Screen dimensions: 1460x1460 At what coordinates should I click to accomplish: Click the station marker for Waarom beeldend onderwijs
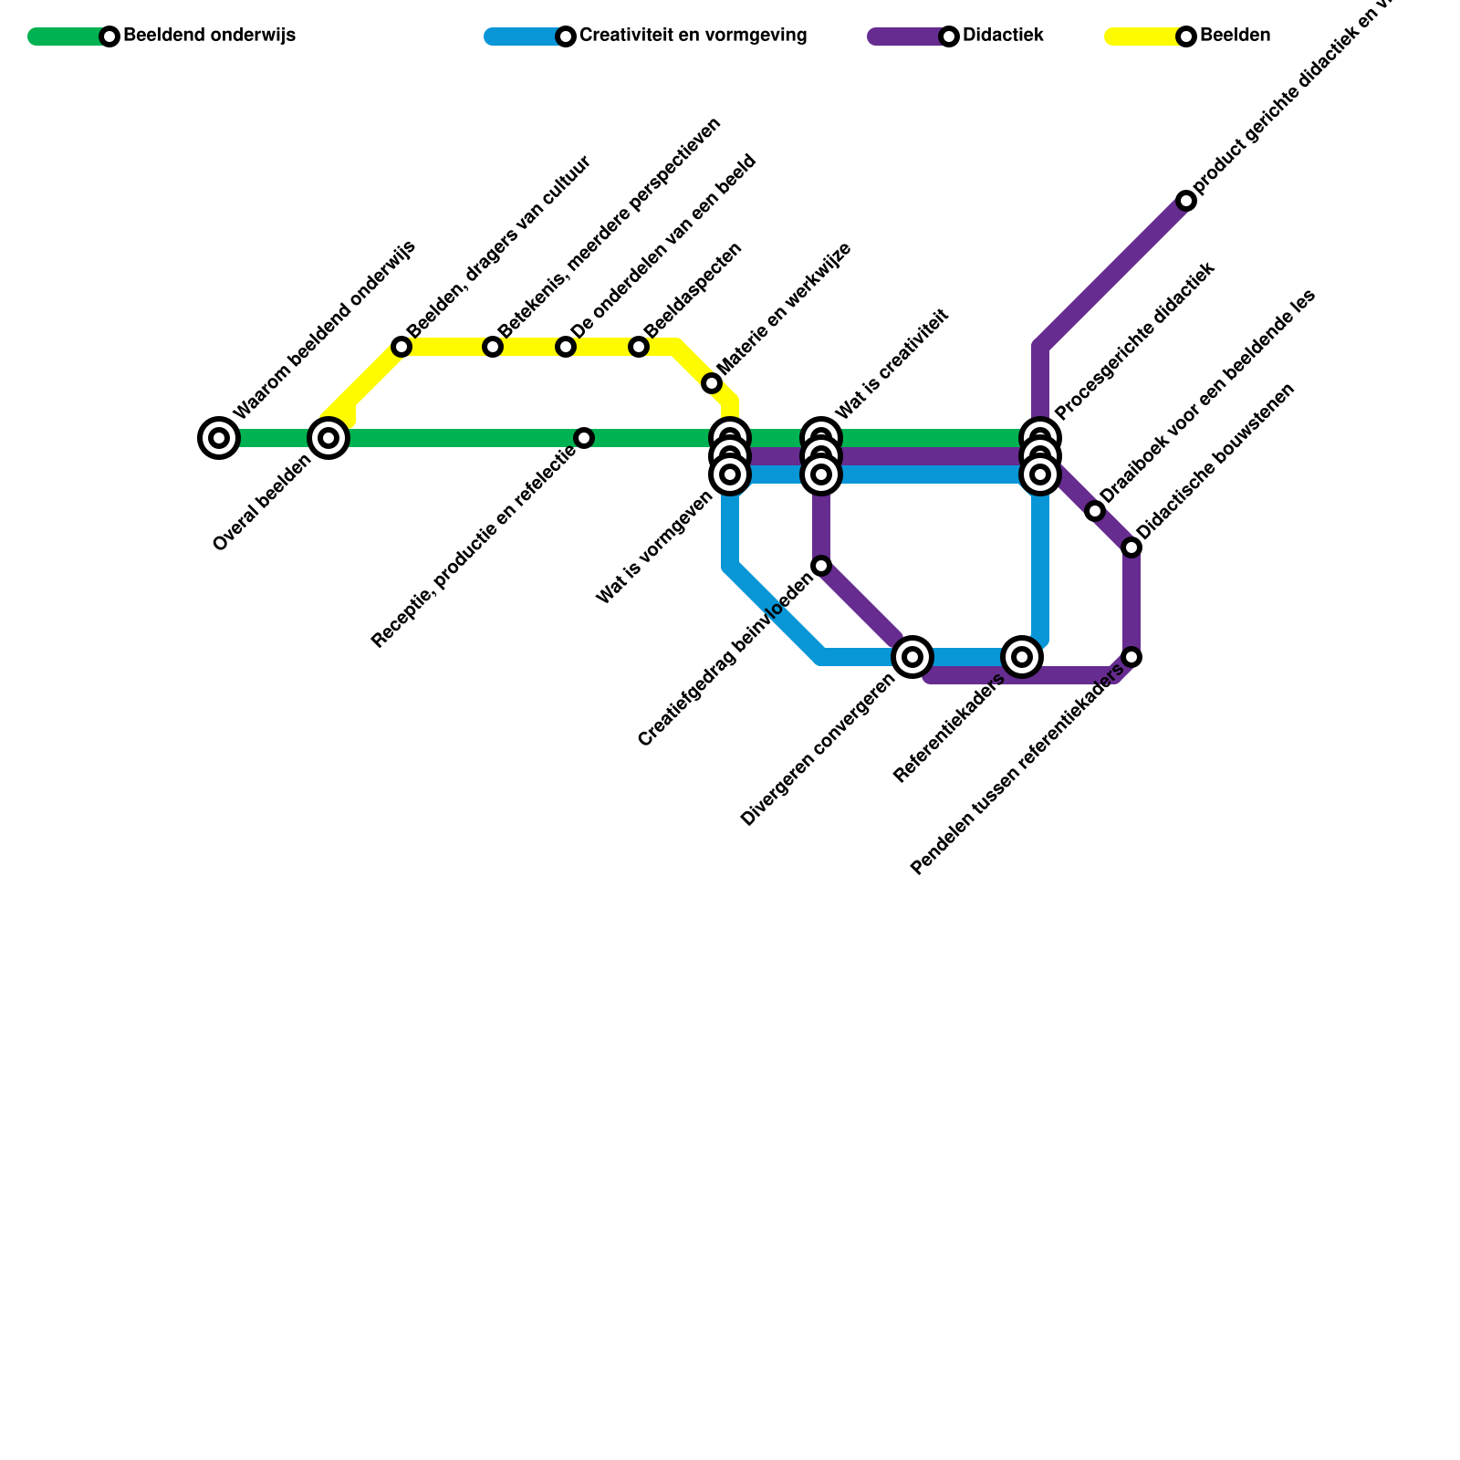click(219, 438)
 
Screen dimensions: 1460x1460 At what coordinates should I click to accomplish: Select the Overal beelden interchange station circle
click(328, 438)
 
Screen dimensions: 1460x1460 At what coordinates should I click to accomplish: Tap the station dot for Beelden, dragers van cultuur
click(401, 347)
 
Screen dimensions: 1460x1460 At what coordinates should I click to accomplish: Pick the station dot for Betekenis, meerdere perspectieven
click(493, 347)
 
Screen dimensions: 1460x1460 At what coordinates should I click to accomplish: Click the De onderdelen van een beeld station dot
click(566, 347)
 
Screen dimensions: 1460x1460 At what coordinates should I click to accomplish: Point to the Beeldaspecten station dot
click(639, 347)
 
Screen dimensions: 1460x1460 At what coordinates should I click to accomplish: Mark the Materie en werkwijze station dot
click(712, 383)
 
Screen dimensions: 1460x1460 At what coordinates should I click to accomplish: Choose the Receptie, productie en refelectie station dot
click(584, 438)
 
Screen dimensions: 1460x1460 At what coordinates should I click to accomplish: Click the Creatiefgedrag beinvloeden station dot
click(821, 566)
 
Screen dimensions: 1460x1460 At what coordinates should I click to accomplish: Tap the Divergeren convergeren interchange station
click(912, 657)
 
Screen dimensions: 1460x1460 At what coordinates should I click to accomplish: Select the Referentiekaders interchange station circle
click(1022, 657)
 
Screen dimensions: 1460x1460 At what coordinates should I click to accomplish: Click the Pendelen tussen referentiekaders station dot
click(1131, 657)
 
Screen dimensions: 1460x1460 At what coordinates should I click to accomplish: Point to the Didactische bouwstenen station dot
click(1131, 547)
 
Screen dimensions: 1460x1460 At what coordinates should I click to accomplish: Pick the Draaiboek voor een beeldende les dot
click(1095, 511)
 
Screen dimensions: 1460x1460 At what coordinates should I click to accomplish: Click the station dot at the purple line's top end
click(1186, 201)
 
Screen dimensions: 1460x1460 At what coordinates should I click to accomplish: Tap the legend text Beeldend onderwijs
click(209, 36)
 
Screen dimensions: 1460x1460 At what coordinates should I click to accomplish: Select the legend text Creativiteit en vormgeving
click(693, 36)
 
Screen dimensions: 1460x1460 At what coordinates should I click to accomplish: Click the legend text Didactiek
click(1003, 36)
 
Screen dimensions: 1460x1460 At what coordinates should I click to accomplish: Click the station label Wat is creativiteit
click(892, 365)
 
